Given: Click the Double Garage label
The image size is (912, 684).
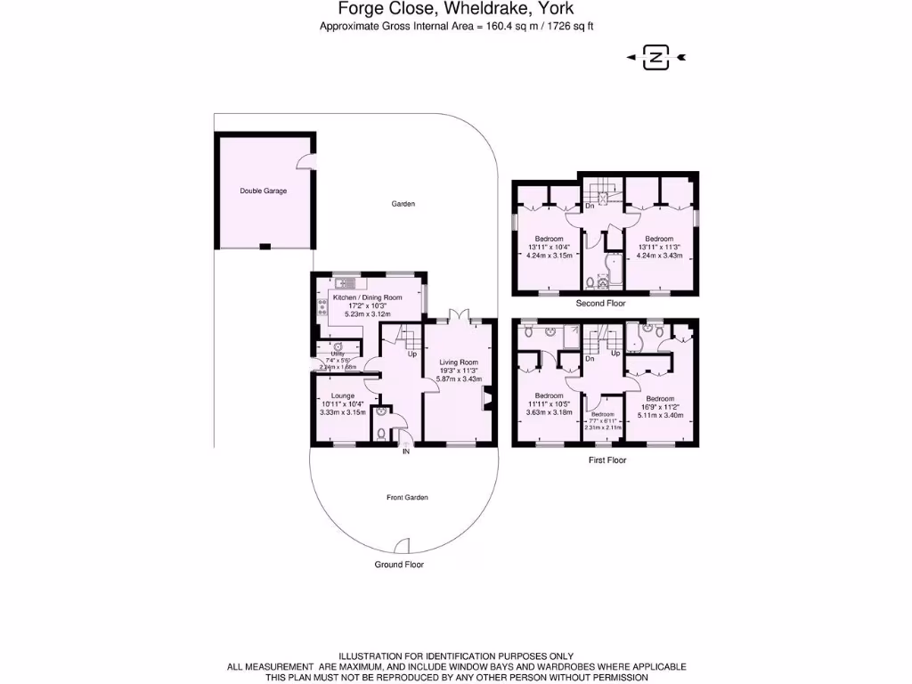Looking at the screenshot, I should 263,191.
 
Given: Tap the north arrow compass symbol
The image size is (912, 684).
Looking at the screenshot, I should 656,59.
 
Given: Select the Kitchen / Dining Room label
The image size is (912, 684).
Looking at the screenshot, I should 367,297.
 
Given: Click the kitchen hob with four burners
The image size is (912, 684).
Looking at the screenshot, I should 320,306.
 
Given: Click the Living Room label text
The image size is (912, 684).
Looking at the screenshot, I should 458,362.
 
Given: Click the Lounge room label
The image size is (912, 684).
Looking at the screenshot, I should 342,395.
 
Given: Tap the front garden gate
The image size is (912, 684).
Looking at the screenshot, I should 403,546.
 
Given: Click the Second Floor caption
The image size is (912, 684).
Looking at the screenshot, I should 602,304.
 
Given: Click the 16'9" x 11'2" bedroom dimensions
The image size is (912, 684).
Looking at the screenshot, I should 660,407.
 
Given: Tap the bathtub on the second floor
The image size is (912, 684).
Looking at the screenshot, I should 615,264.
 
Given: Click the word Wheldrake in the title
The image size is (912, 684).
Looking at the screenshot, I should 484,9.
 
